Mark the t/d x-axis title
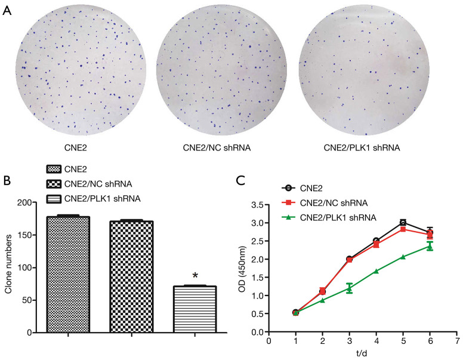(362, 353)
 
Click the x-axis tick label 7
(456, 341)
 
